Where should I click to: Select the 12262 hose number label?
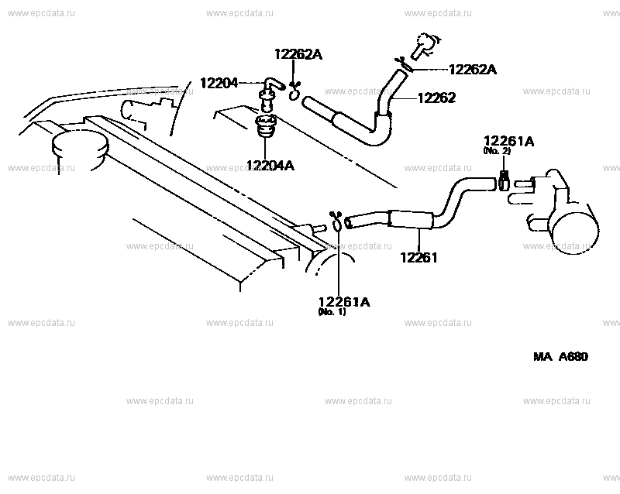pos(436,98)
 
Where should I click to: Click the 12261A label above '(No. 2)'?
pos(509,142)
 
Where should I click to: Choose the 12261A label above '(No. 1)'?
pos(344,302)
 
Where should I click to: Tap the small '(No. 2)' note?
pos(497,152)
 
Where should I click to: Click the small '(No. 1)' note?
pos(332,312)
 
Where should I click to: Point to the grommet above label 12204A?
pos(267,126)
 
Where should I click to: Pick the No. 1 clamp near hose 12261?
pos(339,222)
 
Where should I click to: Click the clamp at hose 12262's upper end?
pos(403,64)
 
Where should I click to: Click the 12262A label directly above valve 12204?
pos(298,54)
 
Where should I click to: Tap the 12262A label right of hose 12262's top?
pos(473,70)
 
